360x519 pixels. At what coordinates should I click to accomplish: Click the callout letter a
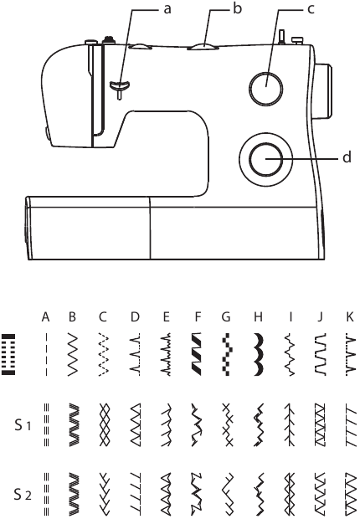pos(167,9)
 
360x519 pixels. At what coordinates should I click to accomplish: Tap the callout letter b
pos(237,8)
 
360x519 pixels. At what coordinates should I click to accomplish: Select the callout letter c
pos(311,9)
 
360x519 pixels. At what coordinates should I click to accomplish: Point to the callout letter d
pos(347,157)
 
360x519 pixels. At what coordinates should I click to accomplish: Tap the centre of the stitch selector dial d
pos(266,160)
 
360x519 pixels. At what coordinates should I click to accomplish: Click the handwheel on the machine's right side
pos(322,90)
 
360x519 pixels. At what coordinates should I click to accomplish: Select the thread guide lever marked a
pos(120,87)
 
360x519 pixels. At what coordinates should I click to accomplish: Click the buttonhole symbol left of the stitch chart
pos(8,354)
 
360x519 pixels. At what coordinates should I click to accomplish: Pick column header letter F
pos(198,317)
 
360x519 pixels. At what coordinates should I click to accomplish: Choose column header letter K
pos(349,317)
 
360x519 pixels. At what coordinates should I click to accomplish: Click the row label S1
pos(23,425)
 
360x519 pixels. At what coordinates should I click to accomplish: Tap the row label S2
pos(23,495)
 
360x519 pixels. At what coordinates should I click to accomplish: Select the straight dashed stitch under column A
pos(46,354)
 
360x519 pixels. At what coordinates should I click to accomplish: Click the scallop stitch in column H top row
pos(259,354)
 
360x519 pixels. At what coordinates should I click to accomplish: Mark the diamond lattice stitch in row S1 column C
pos(104,424)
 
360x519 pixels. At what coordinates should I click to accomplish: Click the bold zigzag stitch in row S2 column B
pos(74,495)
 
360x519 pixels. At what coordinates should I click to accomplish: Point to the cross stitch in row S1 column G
pos(228,424)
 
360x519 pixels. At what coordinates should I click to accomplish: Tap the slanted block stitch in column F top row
pos(197,354)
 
